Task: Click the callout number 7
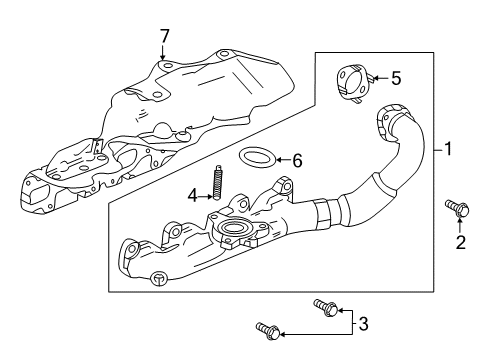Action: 164,36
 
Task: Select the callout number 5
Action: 396,79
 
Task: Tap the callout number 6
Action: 297,161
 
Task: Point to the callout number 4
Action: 193,196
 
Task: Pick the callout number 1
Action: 448,149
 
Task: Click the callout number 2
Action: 460,242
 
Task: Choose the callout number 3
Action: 363,324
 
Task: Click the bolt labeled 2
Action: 457,209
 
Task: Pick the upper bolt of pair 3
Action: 326,308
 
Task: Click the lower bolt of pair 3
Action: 268,331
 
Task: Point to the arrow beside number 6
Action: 283,160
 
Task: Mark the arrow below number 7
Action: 163,52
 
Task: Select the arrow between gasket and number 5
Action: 381,78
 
